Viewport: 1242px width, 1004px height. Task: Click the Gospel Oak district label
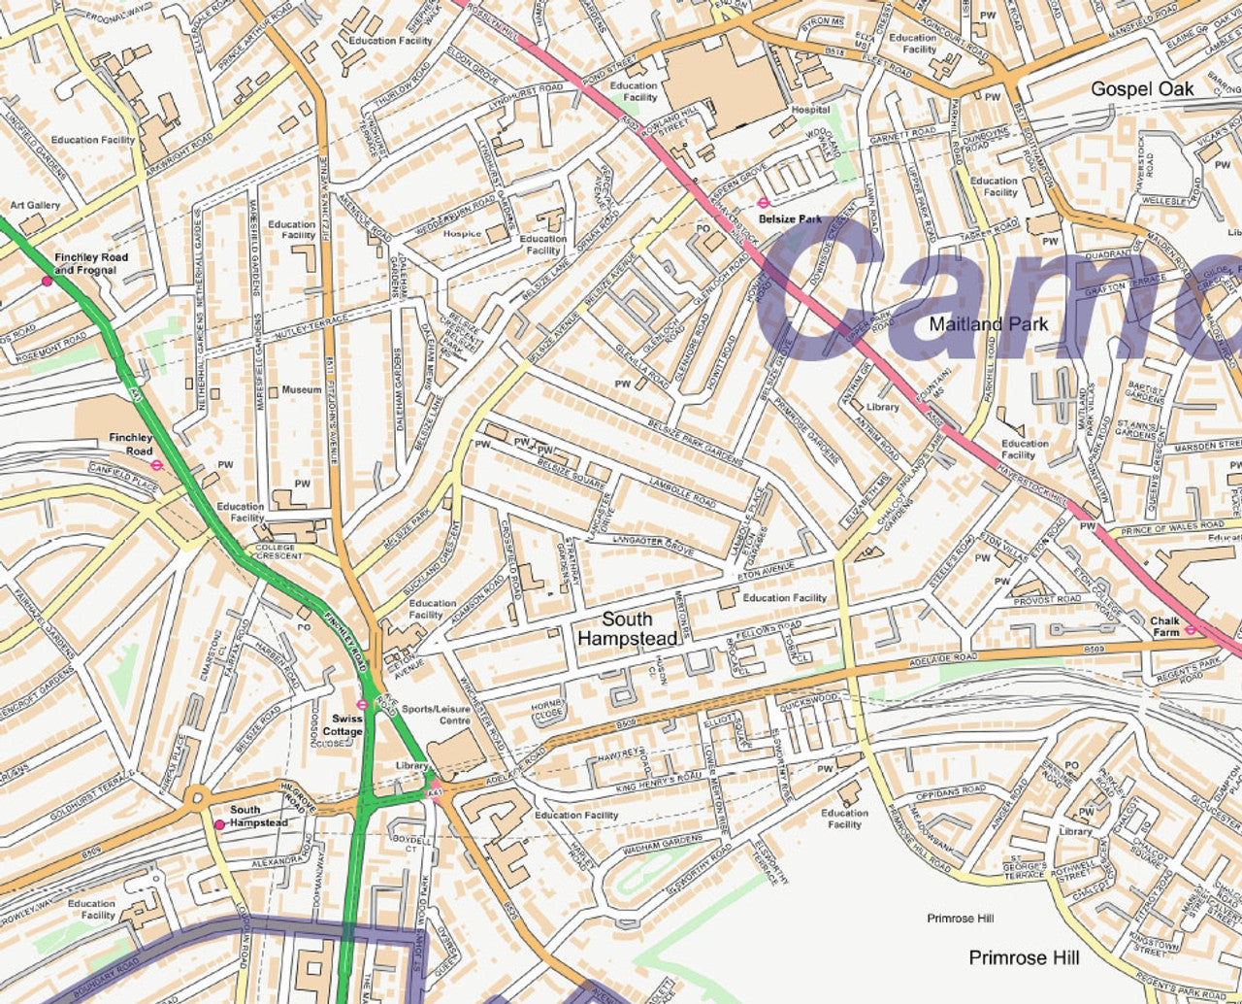[1142, 89]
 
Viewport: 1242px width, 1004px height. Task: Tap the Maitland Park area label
[988, 323]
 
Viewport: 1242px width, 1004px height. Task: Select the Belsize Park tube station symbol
[764, 204]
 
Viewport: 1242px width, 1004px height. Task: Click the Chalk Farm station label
[1164, 626]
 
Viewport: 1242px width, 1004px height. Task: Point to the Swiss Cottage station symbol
[361, 705]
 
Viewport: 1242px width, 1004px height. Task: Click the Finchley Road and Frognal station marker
[47, 281]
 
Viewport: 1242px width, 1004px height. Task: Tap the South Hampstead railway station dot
[219, 824]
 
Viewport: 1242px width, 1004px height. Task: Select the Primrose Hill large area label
[1024, 958]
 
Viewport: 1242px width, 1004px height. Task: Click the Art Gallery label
[35, 206]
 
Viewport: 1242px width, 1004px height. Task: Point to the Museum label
[301, 390]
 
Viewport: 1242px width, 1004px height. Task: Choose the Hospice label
[462, 233]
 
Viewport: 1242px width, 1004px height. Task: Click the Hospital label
[810, 111]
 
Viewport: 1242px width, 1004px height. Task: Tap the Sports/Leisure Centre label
[436, 715]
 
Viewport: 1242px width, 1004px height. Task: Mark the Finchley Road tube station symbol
[157, 465]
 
